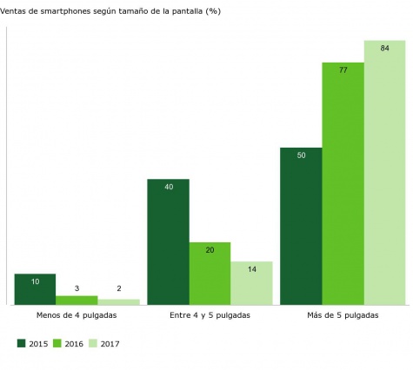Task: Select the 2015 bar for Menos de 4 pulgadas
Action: tap(35, 289)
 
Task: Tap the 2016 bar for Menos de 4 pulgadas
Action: tap(77, 301)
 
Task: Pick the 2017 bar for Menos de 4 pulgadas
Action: tap(118, 302)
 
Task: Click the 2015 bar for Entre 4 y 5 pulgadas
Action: tap(168, 242)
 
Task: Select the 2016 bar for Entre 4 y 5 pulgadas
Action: tap(210, 274)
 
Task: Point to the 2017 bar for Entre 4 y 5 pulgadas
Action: tap(251, 283)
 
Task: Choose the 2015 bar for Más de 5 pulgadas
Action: tap(301, 227)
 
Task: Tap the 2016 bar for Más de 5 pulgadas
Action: tap(343, 184)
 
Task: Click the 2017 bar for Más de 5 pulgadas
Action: tap(384, 173)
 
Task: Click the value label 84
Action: tap(384, 49)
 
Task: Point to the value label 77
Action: tap(343, 70)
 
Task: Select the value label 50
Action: tap(301, 155)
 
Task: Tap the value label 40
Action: tap(168, 187)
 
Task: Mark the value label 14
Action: tap(251, 269)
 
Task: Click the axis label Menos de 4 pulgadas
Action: tap(77, 316)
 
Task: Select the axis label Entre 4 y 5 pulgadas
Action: tap(210, 316)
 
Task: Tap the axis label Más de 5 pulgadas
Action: tap(343, 316)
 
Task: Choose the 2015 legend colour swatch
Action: tap(21, 344)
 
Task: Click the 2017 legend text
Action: tap(110, 344)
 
